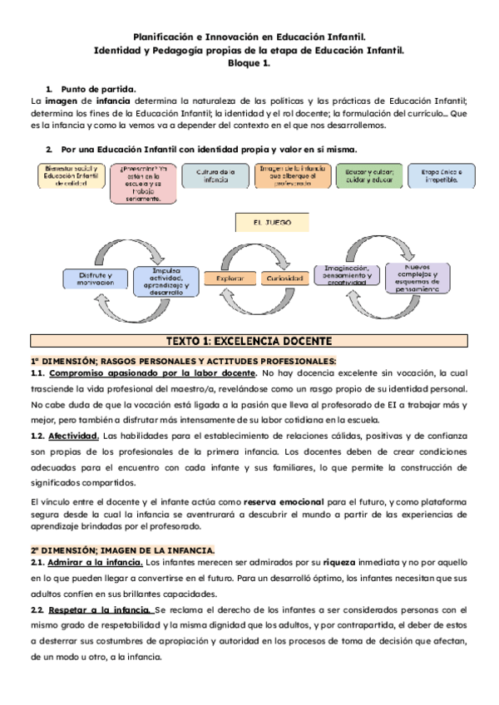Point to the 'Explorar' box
(230, 279)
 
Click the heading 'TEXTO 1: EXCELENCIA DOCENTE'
(249, 342)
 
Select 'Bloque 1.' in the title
(249, 64)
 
